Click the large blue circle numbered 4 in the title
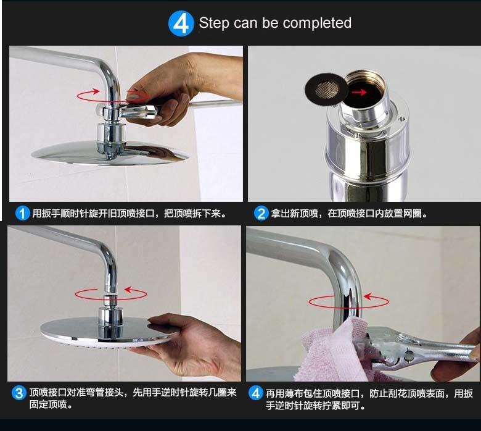pyautogui.click(x=181, y=23)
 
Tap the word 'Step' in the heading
pyautogui.click(x=214, y=23)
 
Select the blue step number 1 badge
pyautogui.click(x=22, y=213)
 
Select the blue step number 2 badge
pyautogui.click(x=261, y=213)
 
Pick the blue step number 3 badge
pyautogui.click(x=19, y=393)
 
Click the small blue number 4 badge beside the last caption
pyautogui.click(x=256, y=393)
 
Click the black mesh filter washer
pyautogui.click(x=326, y=89)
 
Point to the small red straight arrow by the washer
pyautogui.click(x=359, y=92)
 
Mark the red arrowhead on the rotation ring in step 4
pyautogui.click(x=368, y=296)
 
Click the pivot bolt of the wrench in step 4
pyautogui.click(x=409, y=356)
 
